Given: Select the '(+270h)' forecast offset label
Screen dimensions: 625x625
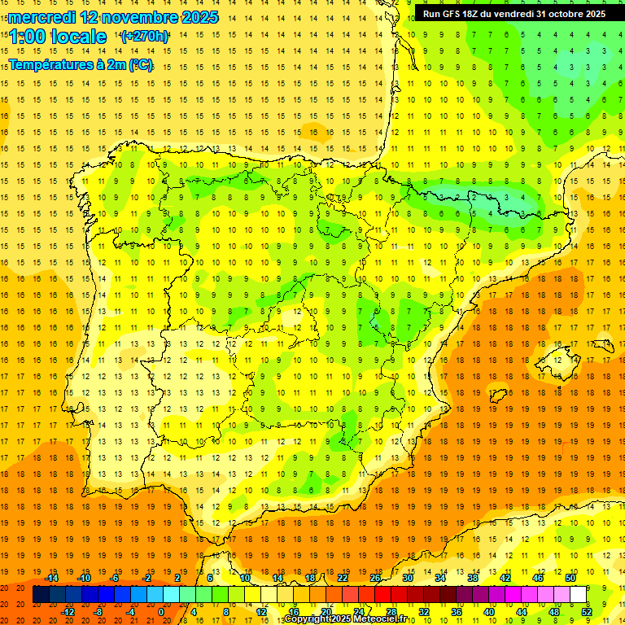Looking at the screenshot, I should click(x=145, y=36).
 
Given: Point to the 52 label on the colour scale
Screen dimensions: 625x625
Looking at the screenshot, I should click(x=587, y=612).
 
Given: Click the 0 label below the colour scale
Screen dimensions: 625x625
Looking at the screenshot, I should click(x=161, y=612).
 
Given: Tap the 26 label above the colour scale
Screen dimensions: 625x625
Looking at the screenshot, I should click(x=375, y=578).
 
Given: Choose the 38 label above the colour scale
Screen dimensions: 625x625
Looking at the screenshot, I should click(x=473, y=578).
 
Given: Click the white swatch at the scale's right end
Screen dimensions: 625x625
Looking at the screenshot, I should click(x=579, y=595).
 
